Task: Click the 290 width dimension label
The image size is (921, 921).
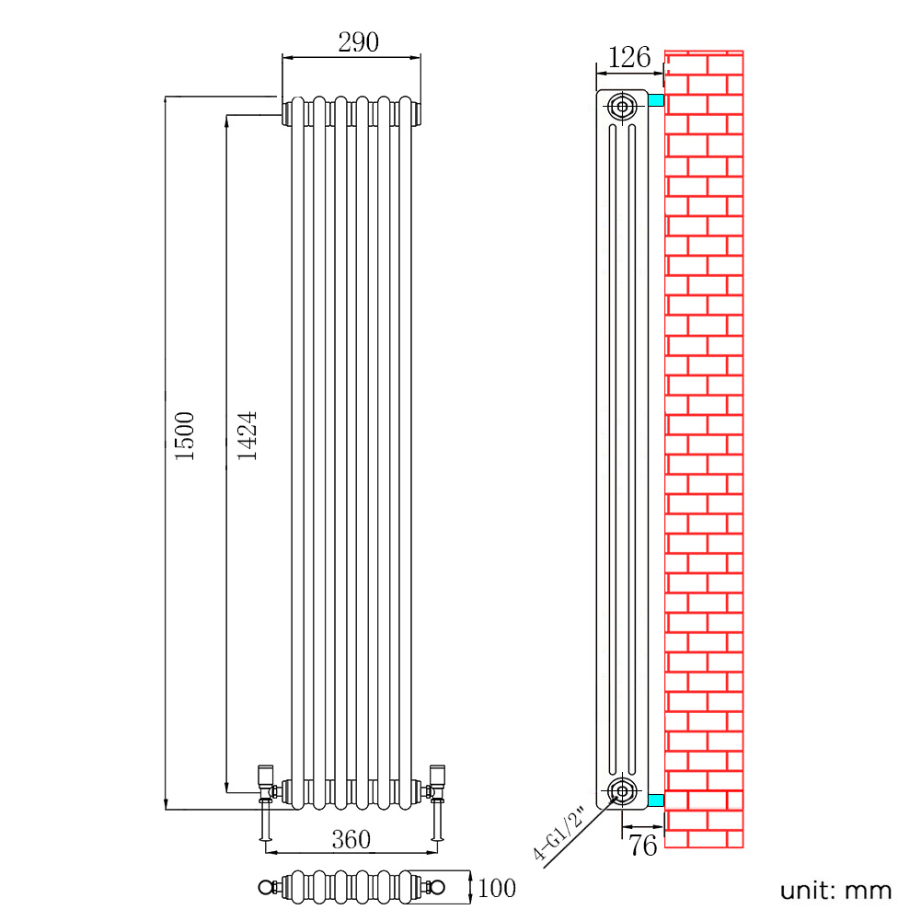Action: [x=358, y=42]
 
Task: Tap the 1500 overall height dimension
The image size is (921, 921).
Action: [x=184, y=436]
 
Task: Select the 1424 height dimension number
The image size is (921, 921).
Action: [x=247, y=436]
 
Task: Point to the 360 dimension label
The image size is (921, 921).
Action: [x=351, y=839]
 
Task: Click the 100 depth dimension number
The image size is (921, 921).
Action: [x=497, y=888]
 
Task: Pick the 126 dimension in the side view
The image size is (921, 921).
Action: [x=629, y=58]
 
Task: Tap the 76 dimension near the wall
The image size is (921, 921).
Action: [x=642, y=846]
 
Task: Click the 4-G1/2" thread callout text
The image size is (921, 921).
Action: [x=559, y=834]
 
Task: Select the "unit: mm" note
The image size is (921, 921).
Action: [x=835, y=891]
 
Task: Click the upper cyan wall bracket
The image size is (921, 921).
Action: [x=656, y=100]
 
